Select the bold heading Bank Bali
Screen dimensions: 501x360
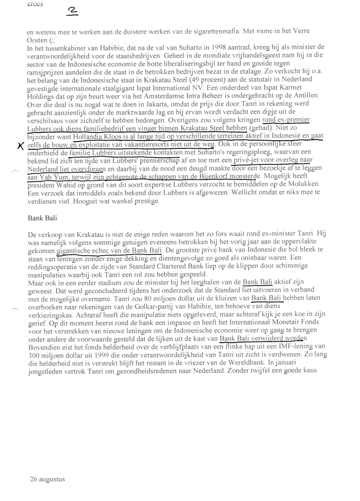coord(40,218)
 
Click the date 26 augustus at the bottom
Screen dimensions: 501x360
coord(47,479)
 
